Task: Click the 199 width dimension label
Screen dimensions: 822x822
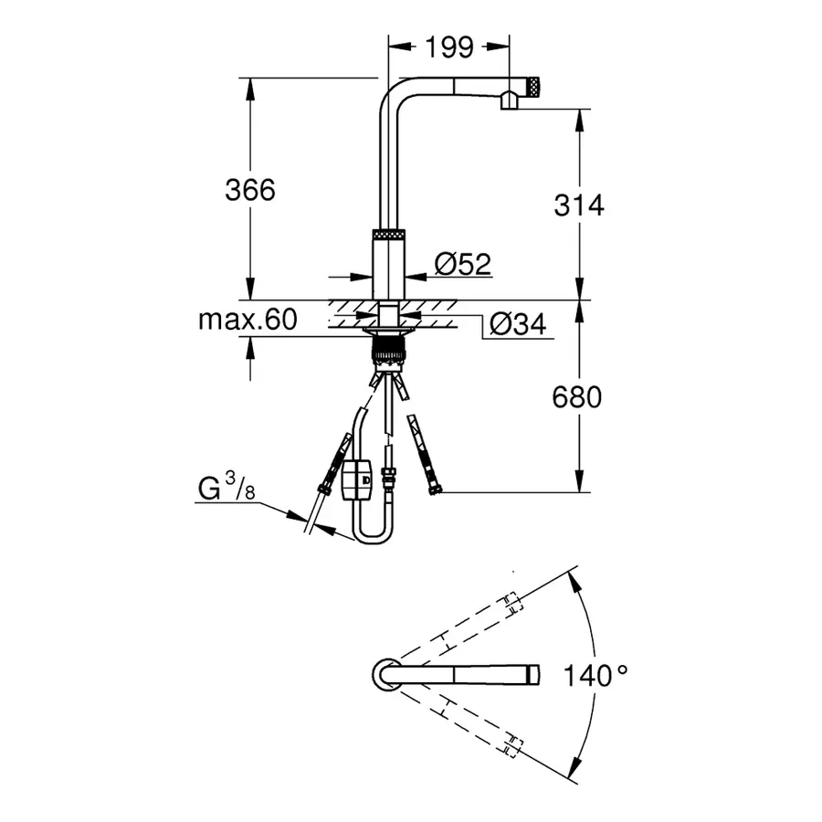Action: tap(448, 47)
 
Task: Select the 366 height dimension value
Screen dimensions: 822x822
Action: tap(250, 190)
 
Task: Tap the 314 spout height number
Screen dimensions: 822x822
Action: tap(579, 205)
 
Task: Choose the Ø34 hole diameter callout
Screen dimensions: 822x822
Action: tap(516, 323)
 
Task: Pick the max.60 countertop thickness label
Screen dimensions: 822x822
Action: tap(248, 320)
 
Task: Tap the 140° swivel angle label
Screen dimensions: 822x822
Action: tap(595, 677)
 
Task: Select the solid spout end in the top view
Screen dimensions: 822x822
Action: tap(531, 675)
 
